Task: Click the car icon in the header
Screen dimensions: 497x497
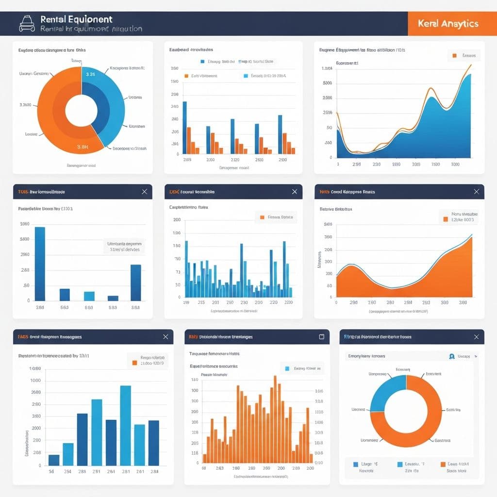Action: click(27, 23)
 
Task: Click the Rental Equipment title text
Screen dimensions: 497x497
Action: click(76, 19)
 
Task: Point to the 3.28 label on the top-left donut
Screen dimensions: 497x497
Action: click(90, 74)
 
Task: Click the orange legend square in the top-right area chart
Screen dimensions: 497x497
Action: click(454, 56)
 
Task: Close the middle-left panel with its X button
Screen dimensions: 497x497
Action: click(144, 192)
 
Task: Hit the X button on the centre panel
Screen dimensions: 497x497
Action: click(294, 192)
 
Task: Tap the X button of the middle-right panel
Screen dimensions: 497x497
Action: click(476, 192)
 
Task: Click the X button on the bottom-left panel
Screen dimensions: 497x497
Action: click(166, 337)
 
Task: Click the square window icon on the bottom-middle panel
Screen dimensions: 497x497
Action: click(321, 337)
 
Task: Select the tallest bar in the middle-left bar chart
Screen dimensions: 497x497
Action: click(40, 264)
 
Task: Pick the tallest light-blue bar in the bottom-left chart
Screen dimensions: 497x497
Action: click(125, 425)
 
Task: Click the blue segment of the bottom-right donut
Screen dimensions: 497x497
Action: click(388, 393)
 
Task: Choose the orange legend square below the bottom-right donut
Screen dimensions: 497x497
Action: click(443, 464)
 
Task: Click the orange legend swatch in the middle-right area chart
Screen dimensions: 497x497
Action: click(445, 219)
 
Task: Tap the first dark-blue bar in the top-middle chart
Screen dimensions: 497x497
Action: click(184, 128)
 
